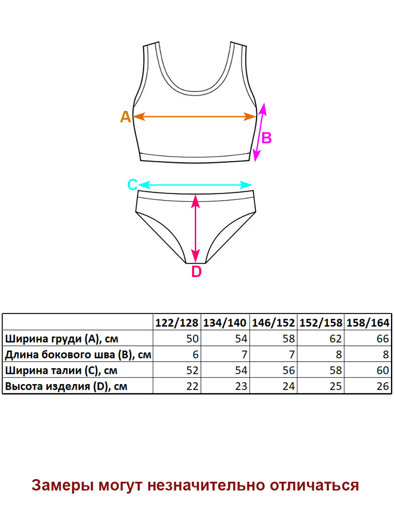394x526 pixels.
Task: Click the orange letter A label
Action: point(125,117)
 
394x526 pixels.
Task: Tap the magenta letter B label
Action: point(267,138)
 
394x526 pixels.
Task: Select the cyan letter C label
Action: point(132,185)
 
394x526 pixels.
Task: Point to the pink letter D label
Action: point(197,272)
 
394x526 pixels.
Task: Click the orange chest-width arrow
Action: point(194,117)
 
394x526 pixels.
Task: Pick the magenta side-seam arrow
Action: point(260,132)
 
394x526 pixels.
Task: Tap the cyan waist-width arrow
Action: point(195,185)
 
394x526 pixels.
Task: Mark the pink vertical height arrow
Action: point(196,228)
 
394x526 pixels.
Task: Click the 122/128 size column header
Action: point(177,323)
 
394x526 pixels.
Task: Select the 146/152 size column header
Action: point(273,323)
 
